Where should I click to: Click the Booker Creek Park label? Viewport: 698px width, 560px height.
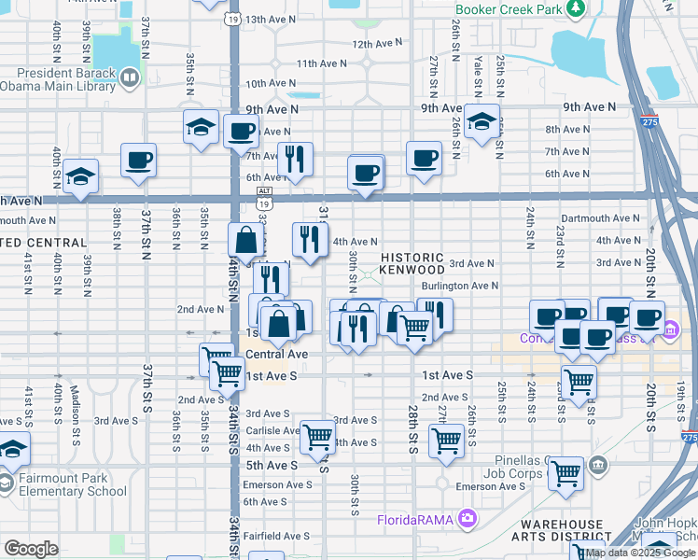pos(510,10)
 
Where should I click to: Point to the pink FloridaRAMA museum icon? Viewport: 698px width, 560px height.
pos(466,518)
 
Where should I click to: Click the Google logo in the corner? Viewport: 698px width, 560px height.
pos(31,549)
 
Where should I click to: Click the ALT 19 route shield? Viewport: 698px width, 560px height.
pos(264,190)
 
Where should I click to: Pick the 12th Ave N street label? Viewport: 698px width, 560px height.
pos(376,44)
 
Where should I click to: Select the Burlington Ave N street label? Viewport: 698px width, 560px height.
pos(459,286)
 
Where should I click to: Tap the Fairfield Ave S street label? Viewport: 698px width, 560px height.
pos(276,536)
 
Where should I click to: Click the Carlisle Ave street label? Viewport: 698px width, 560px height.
pos(272,430)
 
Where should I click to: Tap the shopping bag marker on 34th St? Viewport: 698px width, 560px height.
pos(245,242)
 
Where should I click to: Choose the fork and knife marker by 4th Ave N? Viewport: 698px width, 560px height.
pos(309,240)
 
